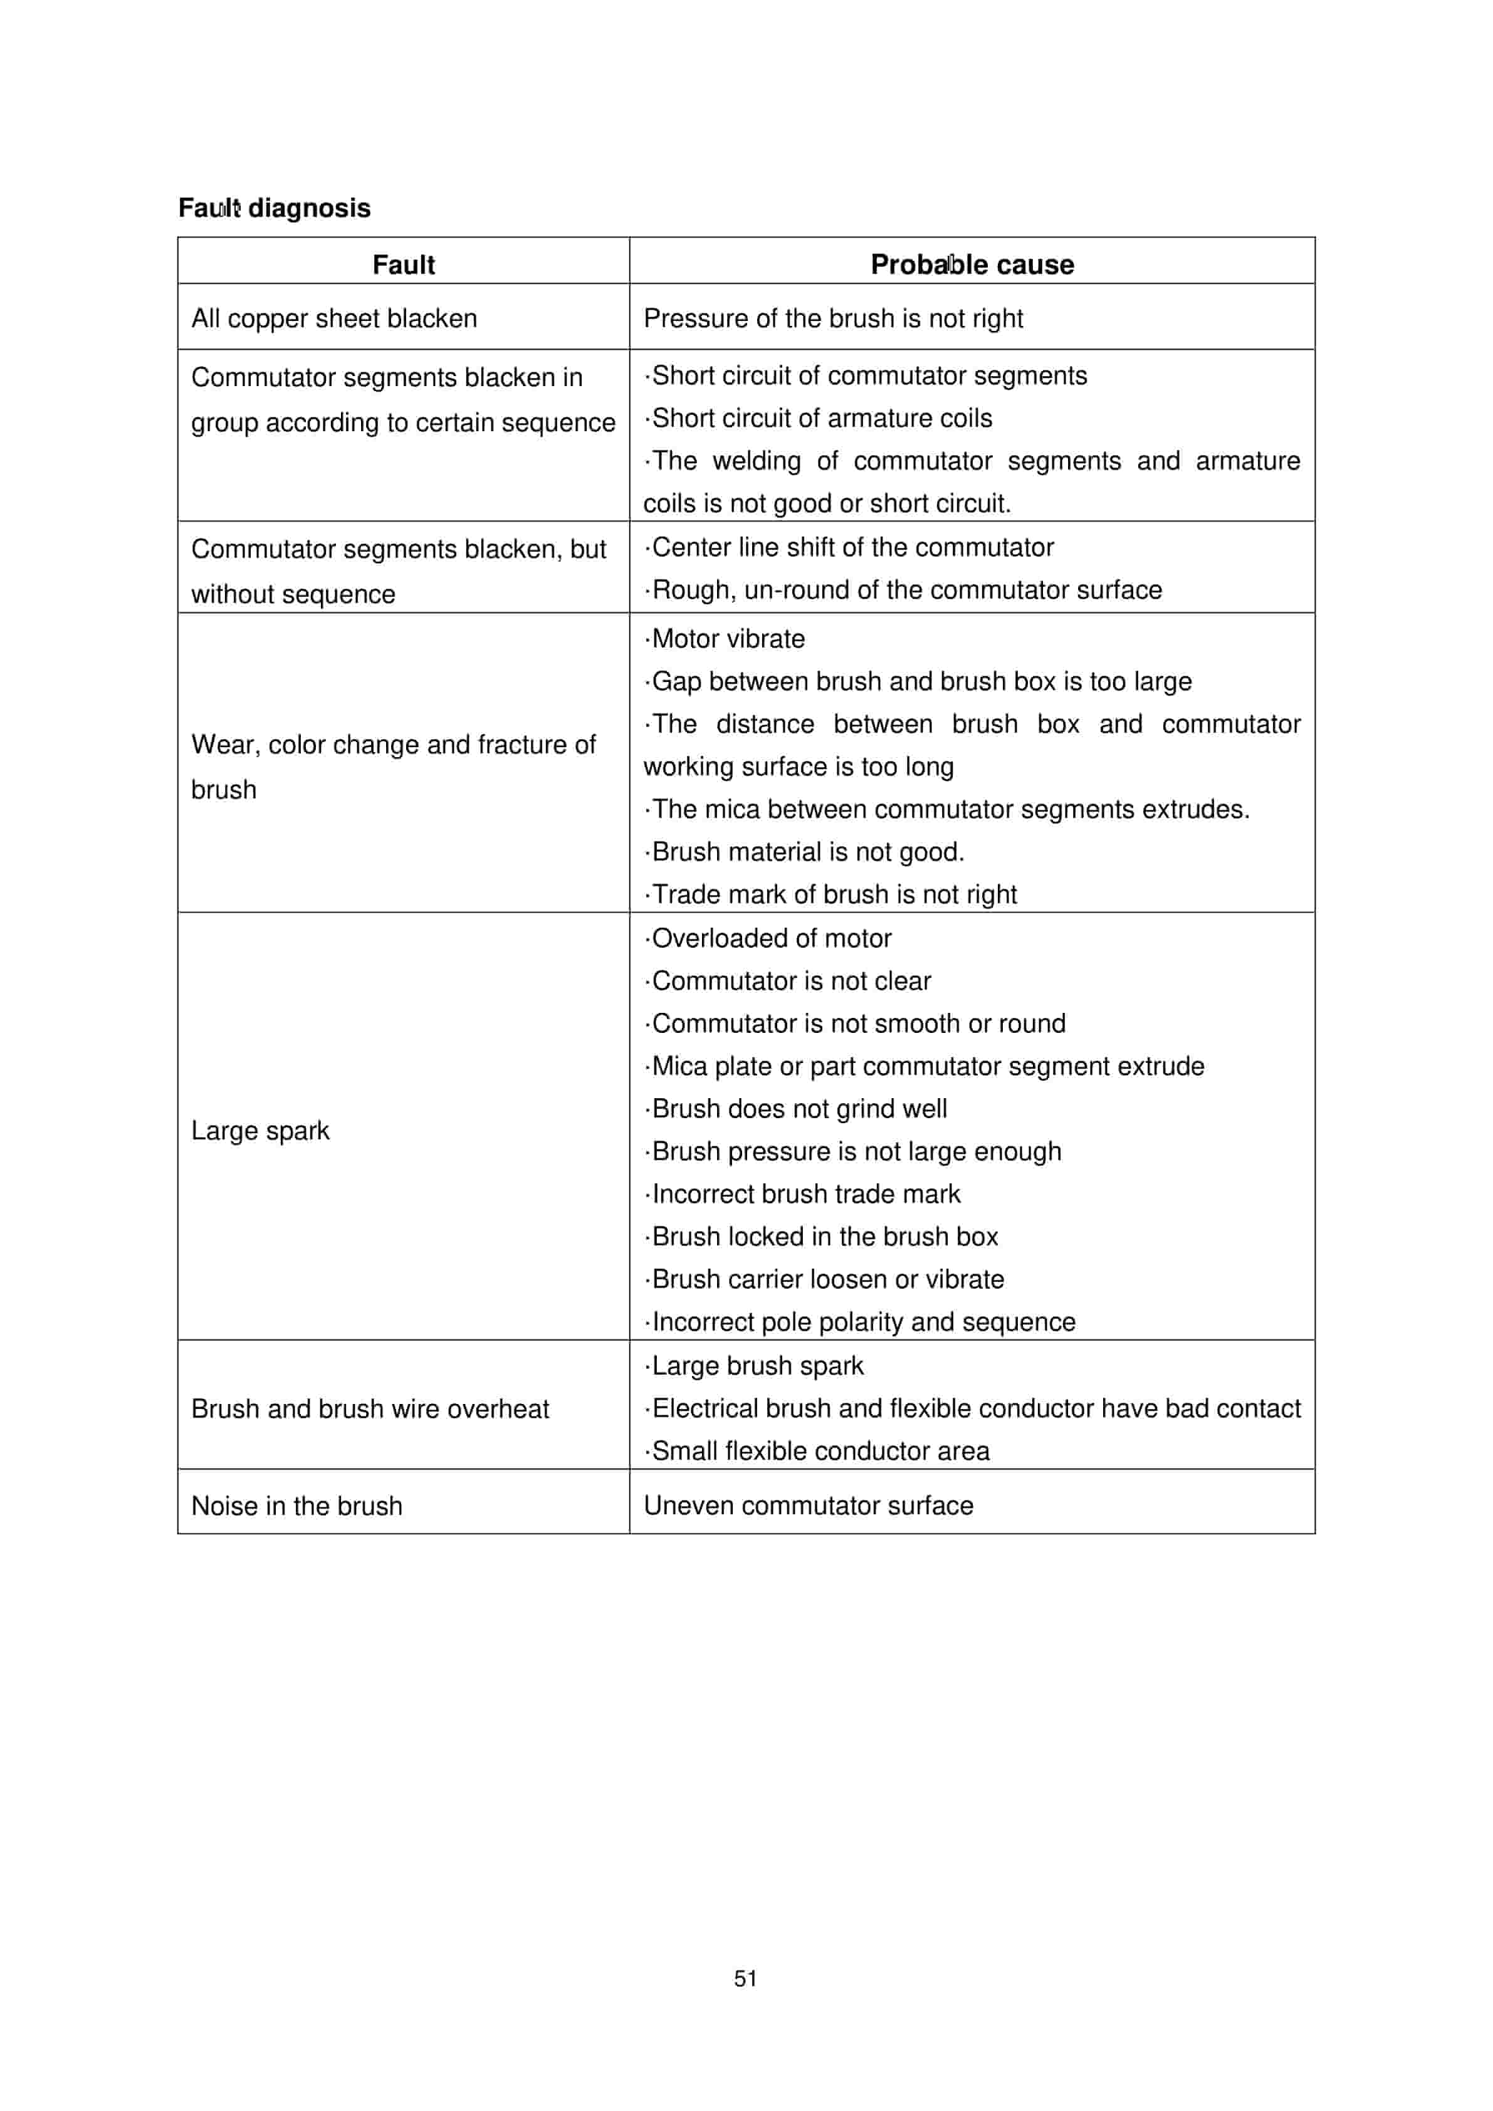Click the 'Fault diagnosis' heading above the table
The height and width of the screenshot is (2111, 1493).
pyautogui.click(x=274, y=208)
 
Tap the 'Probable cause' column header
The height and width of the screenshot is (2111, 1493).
pyautogui.click(x=972, y=265)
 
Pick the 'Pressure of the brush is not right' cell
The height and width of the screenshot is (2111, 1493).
pyautogui.click(x=833, y=318)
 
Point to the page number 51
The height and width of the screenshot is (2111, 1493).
pyautogui.click(x=746, y=1979)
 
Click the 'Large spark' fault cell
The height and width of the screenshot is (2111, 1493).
pyautogui.click(x=260, y=1130)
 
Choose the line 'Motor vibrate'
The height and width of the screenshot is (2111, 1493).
pyautogui.click(x=727, y=639)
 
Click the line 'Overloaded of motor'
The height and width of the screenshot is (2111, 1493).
pyautogui.click(x=770, y=939)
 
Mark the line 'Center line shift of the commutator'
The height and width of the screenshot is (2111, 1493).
pyautogui.click(x=851, y=548)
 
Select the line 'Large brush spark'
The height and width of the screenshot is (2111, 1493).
pyautogui.click(x=757, y=1366)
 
